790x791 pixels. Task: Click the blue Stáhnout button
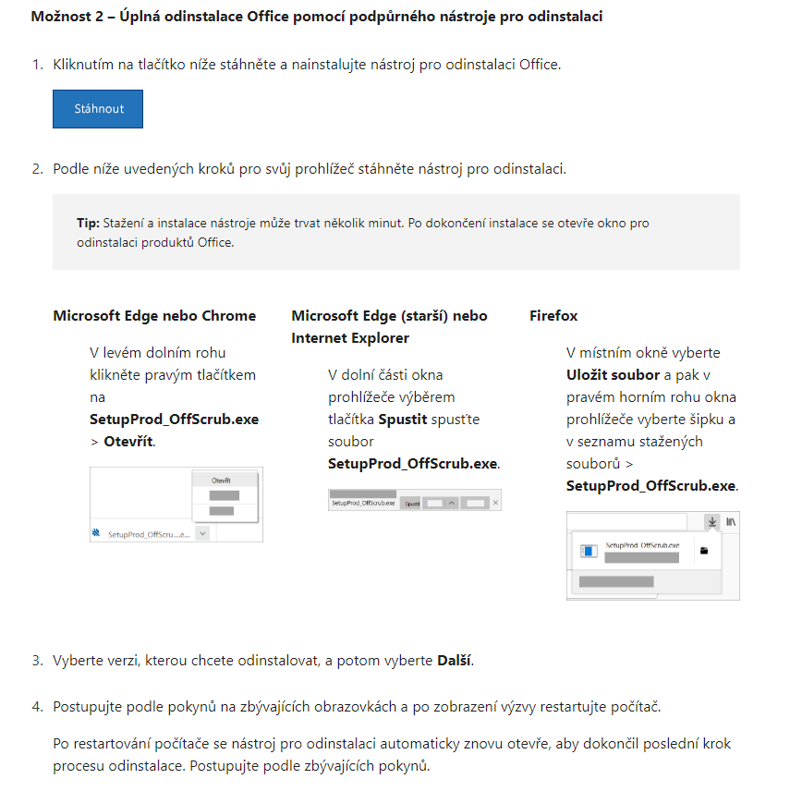[98, 109]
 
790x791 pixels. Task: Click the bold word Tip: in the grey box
[88, 224]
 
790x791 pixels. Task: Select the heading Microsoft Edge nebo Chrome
[154, 316]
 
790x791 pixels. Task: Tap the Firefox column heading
[553, 316]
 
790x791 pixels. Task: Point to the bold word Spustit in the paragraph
[403, 420]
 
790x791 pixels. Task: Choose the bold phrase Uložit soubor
[613, 375]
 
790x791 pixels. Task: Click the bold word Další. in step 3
[455, 661]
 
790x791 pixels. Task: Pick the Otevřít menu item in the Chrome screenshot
[221, 481]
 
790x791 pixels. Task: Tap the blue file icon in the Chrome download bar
[96, 533]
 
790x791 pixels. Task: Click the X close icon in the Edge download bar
[495, 503]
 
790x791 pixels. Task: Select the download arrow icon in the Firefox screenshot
[712, 522]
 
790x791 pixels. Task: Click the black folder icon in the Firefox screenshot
[704, 551]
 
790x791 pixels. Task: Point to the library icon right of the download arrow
[731, 522]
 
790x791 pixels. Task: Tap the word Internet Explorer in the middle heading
[350, 338]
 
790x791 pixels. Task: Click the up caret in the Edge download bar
[452, 503]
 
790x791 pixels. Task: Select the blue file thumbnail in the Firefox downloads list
[588, 552]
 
